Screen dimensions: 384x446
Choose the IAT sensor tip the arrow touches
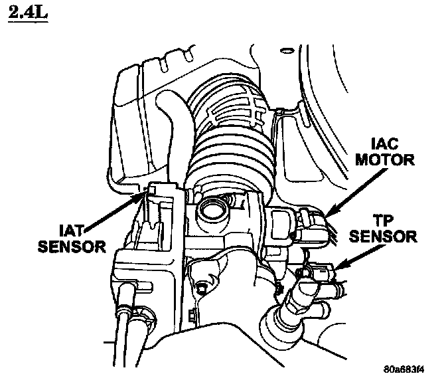click(149, 192)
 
